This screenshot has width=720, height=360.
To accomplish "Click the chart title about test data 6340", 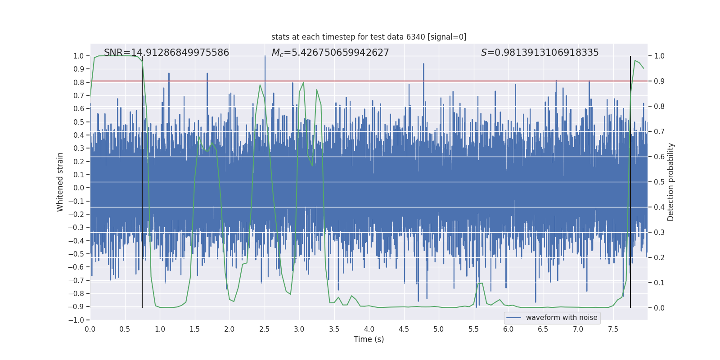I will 369,37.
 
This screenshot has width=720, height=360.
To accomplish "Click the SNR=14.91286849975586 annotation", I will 166,53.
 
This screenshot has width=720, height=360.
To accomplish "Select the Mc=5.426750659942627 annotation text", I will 330,53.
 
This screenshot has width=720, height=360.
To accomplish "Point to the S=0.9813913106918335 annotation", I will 540,53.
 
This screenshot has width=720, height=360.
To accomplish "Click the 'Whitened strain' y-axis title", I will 60,182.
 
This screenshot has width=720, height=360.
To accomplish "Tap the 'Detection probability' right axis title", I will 670,182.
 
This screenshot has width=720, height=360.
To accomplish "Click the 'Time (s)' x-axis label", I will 369,339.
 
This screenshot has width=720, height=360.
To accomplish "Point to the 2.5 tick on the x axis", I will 265,329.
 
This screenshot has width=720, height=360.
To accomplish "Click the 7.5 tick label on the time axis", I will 613,329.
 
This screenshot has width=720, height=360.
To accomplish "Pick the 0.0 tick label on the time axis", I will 90,329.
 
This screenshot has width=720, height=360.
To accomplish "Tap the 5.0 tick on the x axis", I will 439,329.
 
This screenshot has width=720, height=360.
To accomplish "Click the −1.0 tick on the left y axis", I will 76,320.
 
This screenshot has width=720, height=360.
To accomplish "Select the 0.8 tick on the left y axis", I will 79,82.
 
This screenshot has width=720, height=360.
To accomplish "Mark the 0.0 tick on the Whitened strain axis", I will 79,188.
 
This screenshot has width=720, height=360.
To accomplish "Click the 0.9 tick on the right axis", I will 659,81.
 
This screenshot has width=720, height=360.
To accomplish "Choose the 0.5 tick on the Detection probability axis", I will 659,182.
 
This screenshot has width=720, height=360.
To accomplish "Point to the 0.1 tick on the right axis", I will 659,283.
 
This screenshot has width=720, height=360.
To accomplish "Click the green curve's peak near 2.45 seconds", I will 260,85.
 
